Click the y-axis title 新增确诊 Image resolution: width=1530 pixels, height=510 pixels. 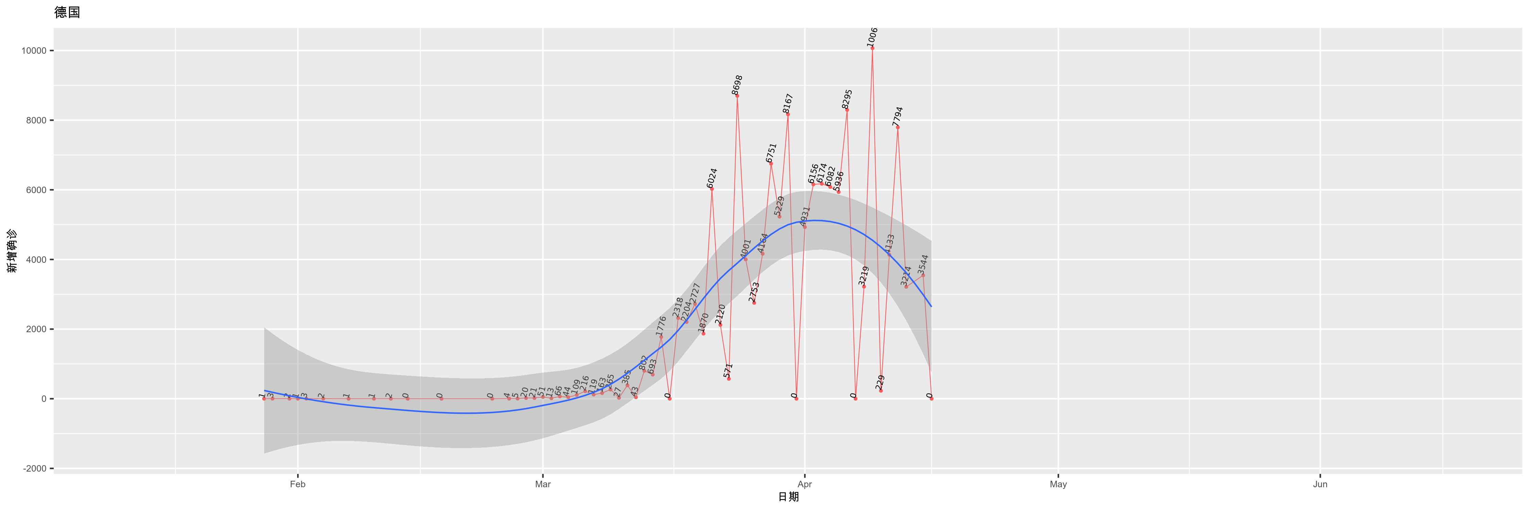coord(12,251)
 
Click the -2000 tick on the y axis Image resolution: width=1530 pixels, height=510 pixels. coord(34,469)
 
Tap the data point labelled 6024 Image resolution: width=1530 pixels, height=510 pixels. coord(712,189)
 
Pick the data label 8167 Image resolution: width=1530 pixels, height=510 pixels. coord(787,103)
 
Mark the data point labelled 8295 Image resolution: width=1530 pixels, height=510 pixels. coord(847,110)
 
